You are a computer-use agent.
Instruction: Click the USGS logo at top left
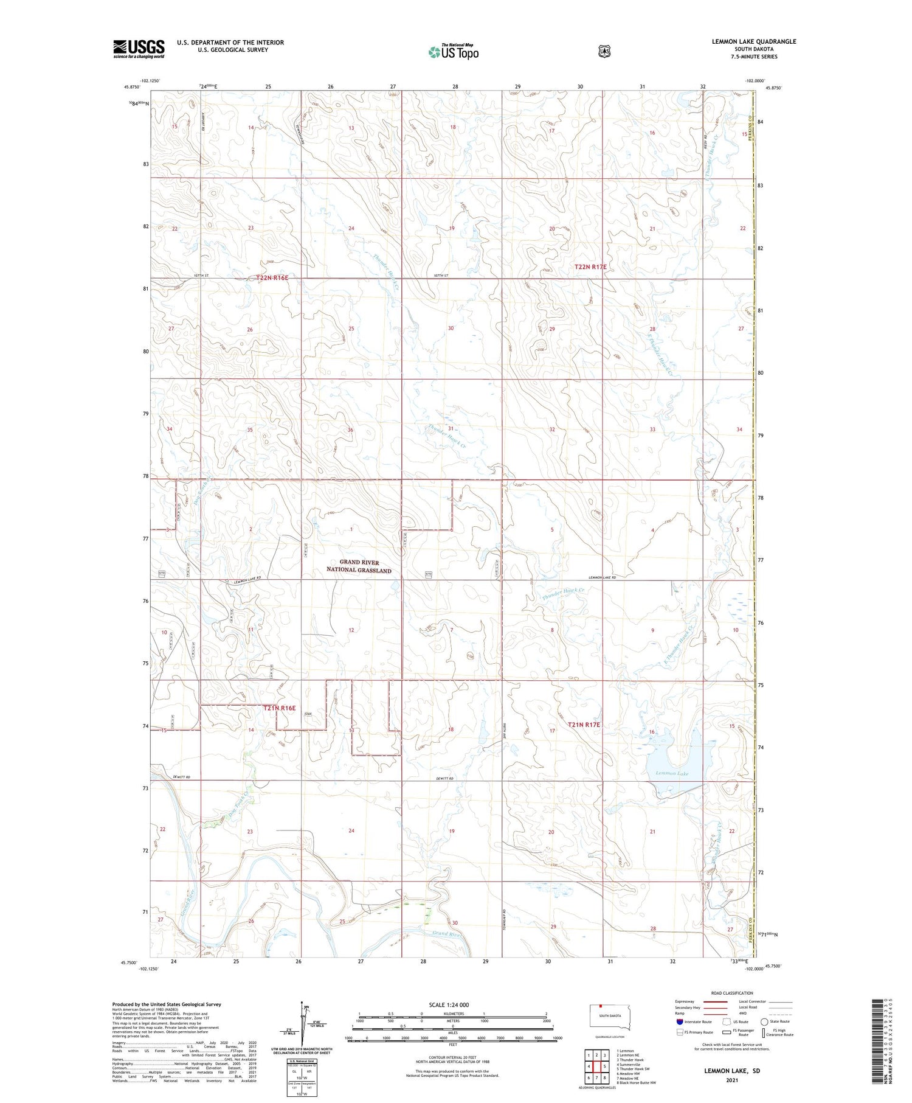[139, 49]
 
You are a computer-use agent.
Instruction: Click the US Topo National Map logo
[454, 52]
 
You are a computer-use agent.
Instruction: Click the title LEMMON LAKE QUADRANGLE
[754, 41]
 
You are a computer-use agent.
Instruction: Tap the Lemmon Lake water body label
[672, 773]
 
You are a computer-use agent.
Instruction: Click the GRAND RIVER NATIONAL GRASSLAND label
[359, 566]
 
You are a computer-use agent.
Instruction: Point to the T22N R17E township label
[590, 267]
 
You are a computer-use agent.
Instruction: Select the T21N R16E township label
[279, 708]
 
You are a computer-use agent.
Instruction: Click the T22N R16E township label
[272, 277]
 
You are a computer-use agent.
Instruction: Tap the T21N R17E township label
[584, 725]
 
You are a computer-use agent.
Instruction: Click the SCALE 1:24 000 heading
[449, 1004]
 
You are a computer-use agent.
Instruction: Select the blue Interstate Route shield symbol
[679, 1021]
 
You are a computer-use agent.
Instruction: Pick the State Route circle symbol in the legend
[764, 1021]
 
